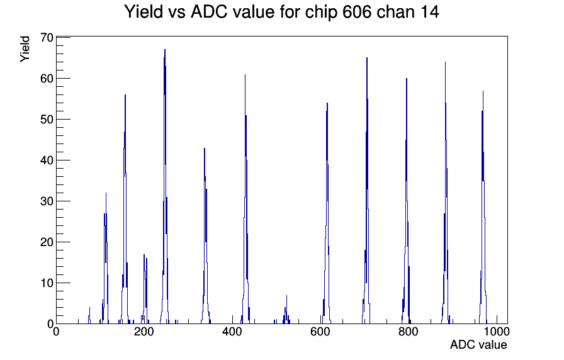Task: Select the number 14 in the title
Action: point(429,12)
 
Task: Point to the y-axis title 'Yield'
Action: point(25,49)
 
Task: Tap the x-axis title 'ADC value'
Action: point(478,344)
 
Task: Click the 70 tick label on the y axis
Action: point(47,37)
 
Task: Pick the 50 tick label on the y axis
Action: point(47,119)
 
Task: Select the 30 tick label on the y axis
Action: point(47,201)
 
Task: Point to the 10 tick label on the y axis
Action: point(47,283)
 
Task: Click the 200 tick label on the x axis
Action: point(144,332)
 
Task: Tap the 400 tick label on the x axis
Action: point(232,332)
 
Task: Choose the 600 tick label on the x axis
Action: point(320,332)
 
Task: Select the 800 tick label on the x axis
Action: point(409,332)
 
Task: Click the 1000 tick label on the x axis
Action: point(497,332)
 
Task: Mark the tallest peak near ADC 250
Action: point(165,50)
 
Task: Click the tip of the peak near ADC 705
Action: point(367,57)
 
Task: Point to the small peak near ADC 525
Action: point(286,296)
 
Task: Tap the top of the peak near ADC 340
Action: point(205,148)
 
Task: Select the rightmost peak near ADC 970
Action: point(483,91)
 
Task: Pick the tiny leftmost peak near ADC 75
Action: point(89,308)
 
